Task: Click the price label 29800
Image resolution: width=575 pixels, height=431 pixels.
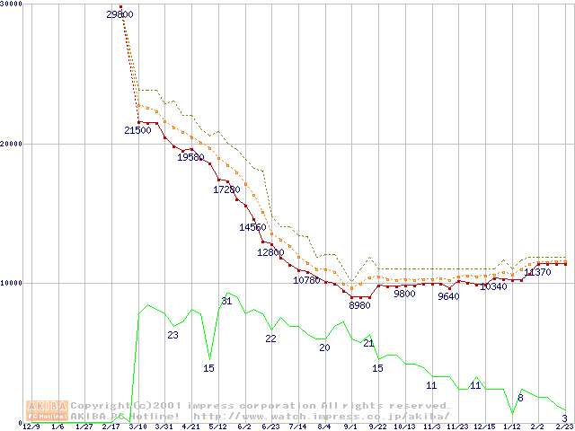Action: point(119,14)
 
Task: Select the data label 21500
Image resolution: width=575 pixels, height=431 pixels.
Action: point(137,131)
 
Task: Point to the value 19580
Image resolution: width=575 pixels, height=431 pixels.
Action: point(190,157)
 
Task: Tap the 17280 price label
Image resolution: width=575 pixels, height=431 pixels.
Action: point(226,189)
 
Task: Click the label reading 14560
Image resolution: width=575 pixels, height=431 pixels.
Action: point(252,227)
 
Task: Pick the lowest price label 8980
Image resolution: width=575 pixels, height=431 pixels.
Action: point(359,305)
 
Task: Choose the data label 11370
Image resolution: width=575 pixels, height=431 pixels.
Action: point(537,272)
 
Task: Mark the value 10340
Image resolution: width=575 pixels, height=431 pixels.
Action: point(493,286)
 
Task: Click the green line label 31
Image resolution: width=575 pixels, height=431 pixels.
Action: point(226,301)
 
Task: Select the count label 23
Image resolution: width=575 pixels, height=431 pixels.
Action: point(172,335)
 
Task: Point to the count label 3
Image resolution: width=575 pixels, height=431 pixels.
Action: point(564,418)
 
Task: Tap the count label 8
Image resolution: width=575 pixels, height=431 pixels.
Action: point(520,397)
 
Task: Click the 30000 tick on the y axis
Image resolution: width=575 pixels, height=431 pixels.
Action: point(12,4)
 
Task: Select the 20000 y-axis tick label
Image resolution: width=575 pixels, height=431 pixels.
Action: point(12,144)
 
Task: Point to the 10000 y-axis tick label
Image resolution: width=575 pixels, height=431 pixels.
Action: point(12,283)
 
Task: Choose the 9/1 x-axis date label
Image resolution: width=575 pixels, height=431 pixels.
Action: point(350,427)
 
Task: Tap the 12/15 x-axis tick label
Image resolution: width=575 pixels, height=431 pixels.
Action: point(483,427)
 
